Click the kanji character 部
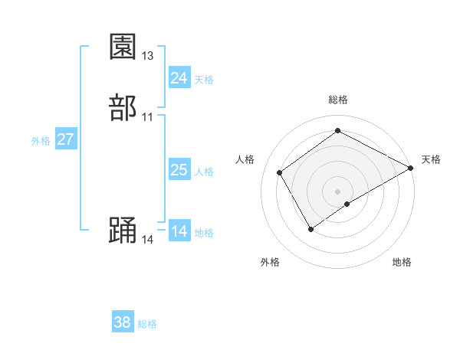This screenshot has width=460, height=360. click(x=123, y=108)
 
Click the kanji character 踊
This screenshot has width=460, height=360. click(x=123, y=231)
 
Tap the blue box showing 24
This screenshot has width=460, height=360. click(x=179, y=78)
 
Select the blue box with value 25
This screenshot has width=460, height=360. click(x=179, y=170)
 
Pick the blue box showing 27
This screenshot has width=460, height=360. click(x=66, y=139)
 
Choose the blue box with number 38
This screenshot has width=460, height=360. click(x=123, y=322)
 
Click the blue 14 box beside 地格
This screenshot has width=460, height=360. click(x=179, y=231)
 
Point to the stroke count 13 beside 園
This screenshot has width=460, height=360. click(x=148, y=56)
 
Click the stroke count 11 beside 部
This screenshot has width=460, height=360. click(x=148, y=117)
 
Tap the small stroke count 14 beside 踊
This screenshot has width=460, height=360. click(x=148, y=240)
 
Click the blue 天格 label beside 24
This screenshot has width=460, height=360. click(x=204, y=80)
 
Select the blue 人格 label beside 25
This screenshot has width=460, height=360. click(x=204, y=172)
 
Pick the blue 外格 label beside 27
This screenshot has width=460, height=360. click(x=41, y=141)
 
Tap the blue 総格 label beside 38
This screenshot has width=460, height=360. click(x=147, y=324)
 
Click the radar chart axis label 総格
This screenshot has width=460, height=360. click(x=338, y=100)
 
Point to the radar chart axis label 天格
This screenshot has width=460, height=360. click(x=431, y=159)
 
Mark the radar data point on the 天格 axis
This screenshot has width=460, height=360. click(x=411, y=168)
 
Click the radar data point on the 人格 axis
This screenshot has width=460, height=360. click(x=280, y=172)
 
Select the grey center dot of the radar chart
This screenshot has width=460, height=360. click(x=338, y=191)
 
